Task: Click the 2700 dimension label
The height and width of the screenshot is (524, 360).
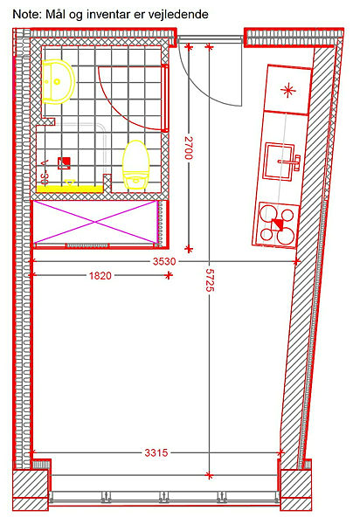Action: (x=189, y=148)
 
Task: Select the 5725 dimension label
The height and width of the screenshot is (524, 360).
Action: (x=210, y=280)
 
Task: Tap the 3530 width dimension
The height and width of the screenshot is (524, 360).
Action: (x=164, y=261)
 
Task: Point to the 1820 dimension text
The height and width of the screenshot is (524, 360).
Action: (x=100, y=276)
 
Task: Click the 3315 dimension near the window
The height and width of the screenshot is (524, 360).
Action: (x=156, y=452)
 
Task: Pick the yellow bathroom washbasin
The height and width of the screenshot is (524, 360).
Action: (x=58, y=81)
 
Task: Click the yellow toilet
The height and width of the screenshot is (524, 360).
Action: (x=135, y=165)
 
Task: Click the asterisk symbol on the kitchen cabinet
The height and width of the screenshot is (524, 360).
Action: (x=287, y=90)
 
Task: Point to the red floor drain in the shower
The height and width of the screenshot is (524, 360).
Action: (x=64, y=162)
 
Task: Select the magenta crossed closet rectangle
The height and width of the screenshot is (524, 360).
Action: (x=95, y=222)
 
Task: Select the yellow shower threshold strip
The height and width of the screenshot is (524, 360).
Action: (x=70, y=190)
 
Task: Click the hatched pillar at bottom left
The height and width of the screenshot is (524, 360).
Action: (x=31, y=490)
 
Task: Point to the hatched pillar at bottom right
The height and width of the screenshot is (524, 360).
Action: (x=295, y=490)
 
